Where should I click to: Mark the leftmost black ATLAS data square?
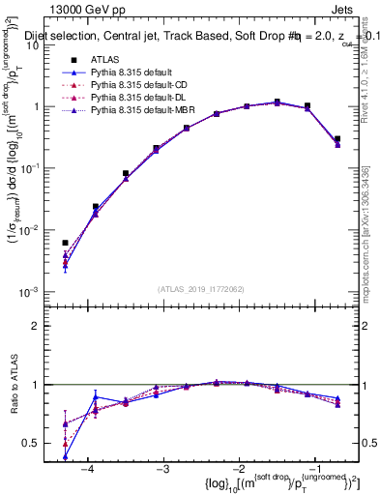tap(65, 244)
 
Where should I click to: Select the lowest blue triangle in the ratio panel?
tap(65, 457)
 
